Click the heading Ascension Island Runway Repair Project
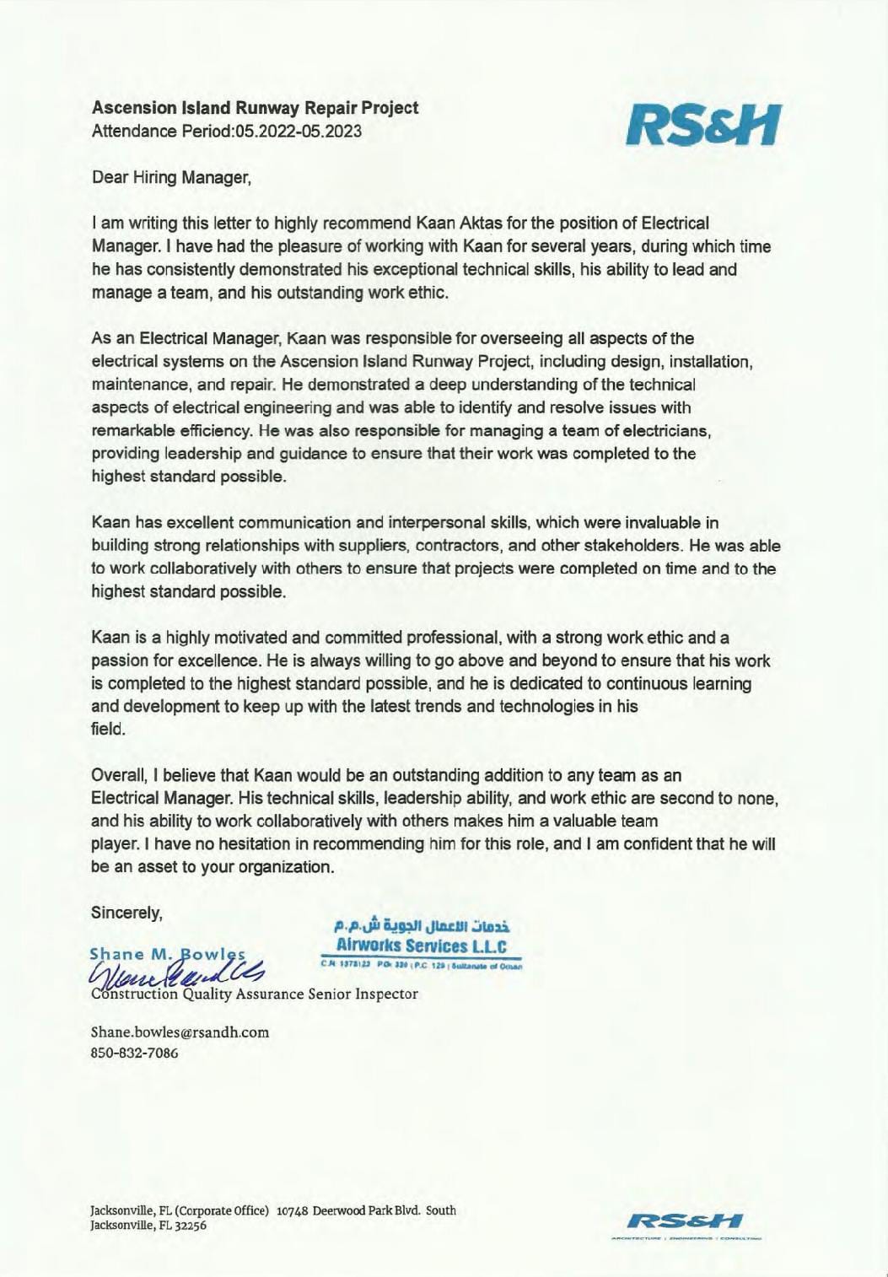tap(255, 108)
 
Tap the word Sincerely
tap(126, 912)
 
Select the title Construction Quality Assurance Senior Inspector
tap(254, 994)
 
